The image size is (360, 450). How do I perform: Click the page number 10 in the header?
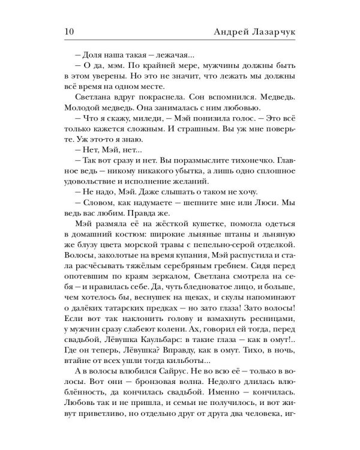pos(67,31)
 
